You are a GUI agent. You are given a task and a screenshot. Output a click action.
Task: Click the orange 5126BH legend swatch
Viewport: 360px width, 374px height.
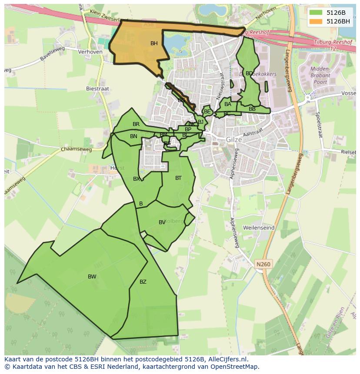coord(316,21)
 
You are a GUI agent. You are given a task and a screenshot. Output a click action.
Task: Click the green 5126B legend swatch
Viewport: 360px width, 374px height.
coord(316,12)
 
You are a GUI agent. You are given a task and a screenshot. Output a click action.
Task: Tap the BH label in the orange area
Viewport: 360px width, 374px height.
coord(154,43)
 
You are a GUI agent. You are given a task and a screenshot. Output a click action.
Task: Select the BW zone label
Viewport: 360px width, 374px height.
coord(92,277)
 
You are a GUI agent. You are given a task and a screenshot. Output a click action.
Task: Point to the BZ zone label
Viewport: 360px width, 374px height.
coord(143,282)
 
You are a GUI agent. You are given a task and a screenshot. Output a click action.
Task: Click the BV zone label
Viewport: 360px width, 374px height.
coord(162,222)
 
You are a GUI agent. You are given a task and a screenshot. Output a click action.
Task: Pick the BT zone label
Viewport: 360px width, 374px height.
coord(178,178)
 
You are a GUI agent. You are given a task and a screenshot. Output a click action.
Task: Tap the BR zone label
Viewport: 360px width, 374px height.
coord(136,124)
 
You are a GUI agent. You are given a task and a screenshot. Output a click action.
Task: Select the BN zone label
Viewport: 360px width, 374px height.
coord(133,136)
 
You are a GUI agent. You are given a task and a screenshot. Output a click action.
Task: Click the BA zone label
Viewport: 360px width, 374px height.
coord(228,104)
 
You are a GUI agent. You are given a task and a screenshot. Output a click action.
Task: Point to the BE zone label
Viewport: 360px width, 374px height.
coord(207,112)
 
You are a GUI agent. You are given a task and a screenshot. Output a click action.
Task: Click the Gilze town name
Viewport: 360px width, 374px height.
coord(233,139)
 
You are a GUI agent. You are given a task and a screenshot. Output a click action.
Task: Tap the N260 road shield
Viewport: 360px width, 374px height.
coord(263,264)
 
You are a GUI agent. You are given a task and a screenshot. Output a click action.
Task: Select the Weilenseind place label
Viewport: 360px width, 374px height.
coord(259,228)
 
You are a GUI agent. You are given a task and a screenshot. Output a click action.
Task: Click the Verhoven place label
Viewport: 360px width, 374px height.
coord(90,52)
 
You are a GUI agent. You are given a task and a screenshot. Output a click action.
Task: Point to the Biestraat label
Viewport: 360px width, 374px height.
coord(98,89)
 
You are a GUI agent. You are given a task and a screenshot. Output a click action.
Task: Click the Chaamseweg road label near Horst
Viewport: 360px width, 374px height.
coord(77,149)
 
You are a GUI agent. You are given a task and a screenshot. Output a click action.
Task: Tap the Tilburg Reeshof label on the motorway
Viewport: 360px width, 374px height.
coord(331,43)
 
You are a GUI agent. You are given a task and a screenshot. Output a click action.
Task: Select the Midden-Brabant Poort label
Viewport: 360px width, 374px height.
coord(321,75)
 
